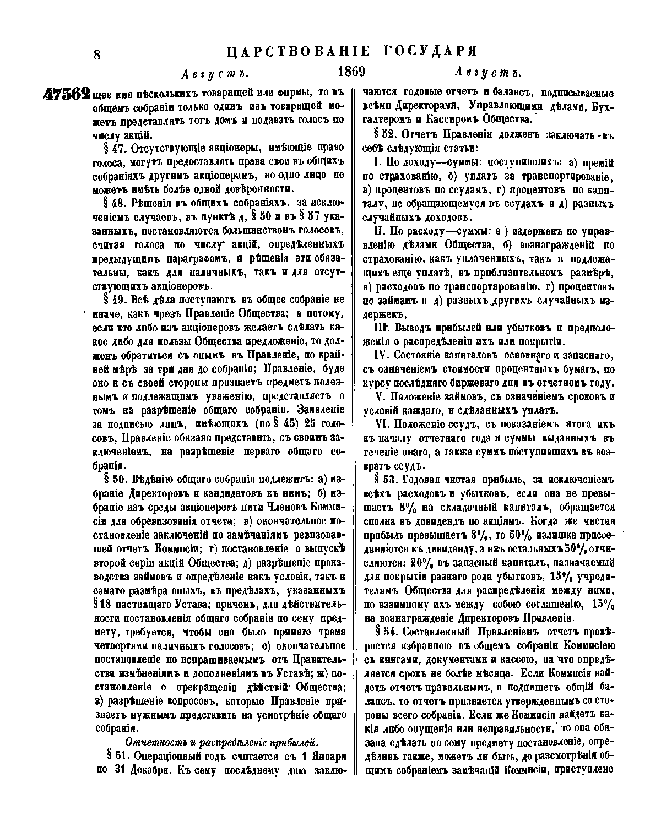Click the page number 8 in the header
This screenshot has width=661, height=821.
click(x=97, y=54)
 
